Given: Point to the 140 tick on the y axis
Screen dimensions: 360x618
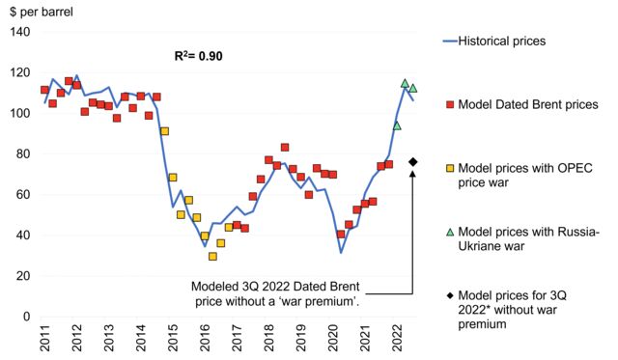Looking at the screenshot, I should (x=19, y=32).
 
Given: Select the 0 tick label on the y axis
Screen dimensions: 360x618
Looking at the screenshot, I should (x=27, y=316).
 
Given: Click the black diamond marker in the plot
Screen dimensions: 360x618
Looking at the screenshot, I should (x=413, y=161).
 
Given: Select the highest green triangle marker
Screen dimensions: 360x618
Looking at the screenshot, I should (x=406, y=83).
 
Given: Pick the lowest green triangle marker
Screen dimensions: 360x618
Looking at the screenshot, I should (x=397, y=125).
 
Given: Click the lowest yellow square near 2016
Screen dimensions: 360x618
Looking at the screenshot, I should (x=212, y=256).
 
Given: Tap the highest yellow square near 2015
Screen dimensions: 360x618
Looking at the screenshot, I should (x=165, y=131).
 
